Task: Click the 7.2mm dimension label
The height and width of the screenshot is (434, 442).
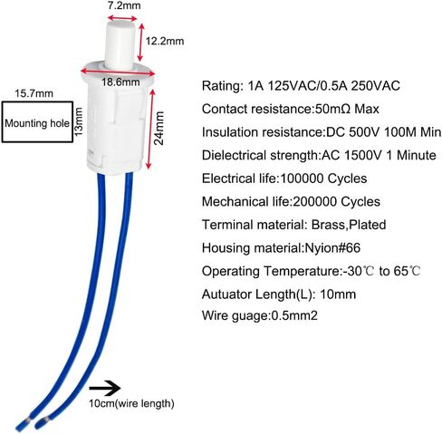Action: [124, 5]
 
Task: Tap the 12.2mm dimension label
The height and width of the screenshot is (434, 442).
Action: [165, 41]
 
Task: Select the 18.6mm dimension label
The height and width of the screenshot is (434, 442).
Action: [120, 82]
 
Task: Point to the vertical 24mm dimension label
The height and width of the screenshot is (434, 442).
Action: [159, 128]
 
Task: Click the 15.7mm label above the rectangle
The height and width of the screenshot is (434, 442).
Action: [34, 93]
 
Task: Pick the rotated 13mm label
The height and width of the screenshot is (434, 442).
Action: [79, 121]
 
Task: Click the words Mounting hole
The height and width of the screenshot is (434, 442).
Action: [37, 123]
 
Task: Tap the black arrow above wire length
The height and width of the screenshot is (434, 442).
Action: [105, 388]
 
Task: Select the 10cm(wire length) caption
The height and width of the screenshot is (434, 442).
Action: [131, 403]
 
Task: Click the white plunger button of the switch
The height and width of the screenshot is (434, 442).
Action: [120, 43]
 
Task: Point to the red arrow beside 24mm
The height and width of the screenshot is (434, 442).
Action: [150, 130]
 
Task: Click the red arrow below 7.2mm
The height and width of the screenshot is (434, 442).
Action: [122, 18]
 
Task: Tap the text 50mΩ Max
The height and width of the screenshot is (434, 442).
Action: [347, 109]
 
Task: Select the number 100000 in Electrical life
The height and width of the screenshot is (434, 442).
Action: [302, 178]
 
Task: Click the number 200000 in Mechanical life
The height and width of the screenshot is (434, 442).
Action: [315, 201]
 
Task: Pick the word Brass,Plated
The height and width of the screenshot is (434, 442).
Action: [349, 225]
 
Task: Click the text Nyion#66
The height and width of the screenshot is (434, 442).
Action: [332, 248]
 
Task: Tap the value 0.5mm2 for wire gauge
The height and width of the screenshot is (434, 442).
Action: [294, 316]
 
